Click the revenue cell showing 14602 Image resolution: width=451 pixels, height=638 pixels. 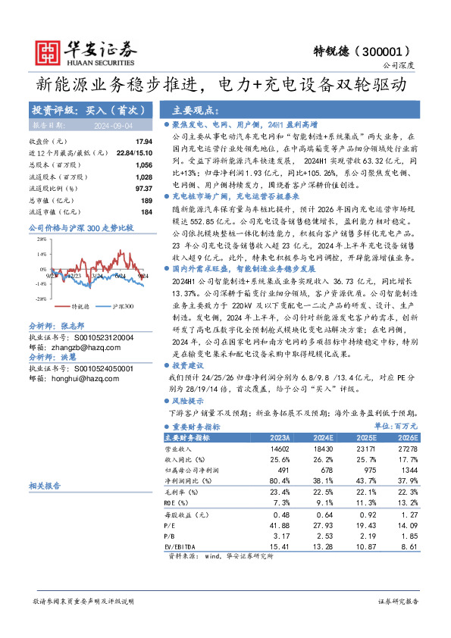tap(280, 449)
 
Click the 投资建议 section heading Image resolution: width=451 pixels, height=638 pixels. tap(189, 364)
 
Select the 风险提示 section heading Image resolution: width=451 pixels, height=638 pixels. tap(189, 401)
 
